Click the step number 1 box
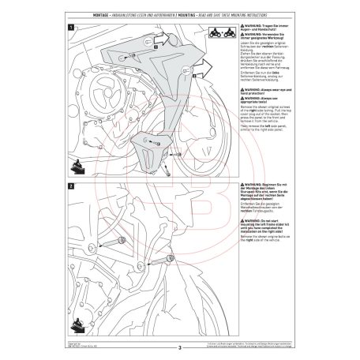[73, 28]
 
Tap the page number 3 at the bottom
[180, 345]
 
